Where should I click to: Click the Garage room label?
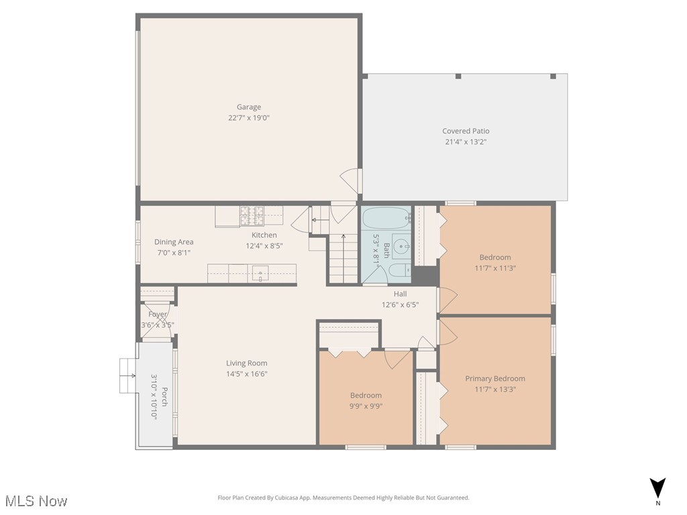click(x=248, y=107)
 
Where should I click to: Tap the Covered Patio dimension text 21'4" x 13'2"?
click(x=466, y=142)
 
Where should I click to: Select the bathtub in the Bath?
click(x=386, y=219)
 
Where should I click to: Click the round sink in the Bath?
click(x=401, y=246)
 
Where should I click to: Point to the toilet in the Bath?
click(x=397, y=270)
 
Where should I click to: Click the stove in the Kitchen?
click(x=252, y=215)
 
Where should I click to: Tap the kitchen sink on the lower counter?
click(x=260, y=272)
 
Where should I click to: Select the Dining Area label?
click(x=174, y=242)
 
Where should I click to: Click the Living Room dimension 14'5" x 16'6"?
click(x=247, y=374)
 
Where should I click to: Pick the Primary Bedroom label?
click(x=495, y=378)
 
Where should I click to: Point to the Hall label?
click(x=400, y=294)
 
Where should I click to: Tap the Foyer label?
click(x=158, y=314)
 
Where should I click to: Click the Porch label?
click(x=164, y=398)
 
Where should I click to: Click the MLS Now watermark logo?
click(x=36, y=501)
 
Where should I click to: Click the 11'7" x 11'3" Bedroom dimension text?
click(x=495, y=268)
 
